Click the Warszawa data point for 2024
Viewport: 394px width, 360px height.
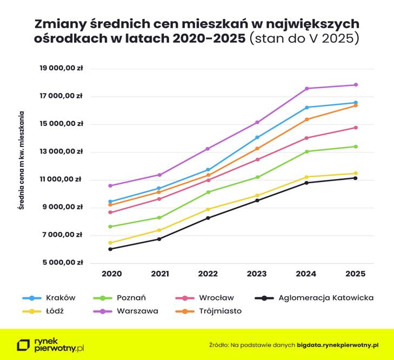point(306,89)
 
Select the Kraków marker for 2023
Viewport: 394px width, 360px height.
point(257,137)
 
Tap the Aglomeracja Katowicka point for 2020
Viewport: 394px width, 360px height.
point(110,249)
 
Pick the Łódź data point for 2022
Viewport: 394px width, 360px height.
point(208,209)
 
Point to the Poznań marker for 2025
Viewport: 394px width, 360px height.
point(356,146)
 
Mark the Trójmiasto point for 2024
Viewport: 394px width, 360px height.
point(306,119)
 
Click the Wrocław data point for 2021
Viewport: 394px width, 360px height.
point(159,199)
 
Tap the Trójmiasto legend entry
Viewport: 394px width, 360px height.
point(220,311)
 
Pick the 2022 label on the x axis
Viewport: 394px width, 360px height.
point(208,274)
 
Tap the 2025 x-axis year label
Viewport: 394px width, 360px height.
point(356,274)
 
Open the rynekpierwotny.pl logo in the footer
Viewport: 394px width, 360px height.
point(51,345)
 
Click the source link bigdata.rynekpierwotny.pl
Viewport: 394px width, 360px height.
point(337,344)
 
